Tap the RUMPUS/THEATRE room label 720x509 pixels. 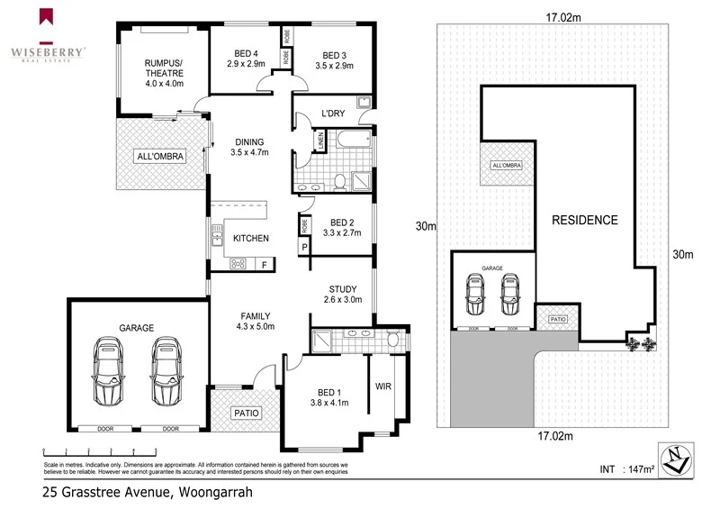pyautogui.click(x=164, y=68)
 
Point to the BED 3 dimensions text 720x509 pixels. pyautogui.click(x=334, y=66)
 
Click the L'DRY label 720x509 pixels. pyautogui.click(x=334, y=114)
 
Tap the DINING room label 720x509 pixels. pyautogui.click(x=249, y=141)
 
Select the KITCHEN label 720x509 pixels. pyautogui.click(x=251, y=238)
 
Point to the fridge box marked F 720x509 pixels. pyautogui.click(x=265, y=264)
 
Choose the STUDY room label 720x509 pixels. pyautogui.click(x=341, y=289)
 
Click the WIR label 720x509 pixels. pyautogui.click(x=382, y=386)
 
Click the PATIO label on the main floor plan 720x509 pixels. pyautogui.click(x=246, y=414)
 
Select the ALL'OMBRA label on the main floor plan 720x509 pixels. pyautogui.click(x=160, y=157)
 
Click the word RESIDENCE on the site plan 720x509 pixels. pyautogui.click(x=585, y=220)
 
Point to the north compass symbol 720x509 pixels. pyautogui.click(x=675, y=459)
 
